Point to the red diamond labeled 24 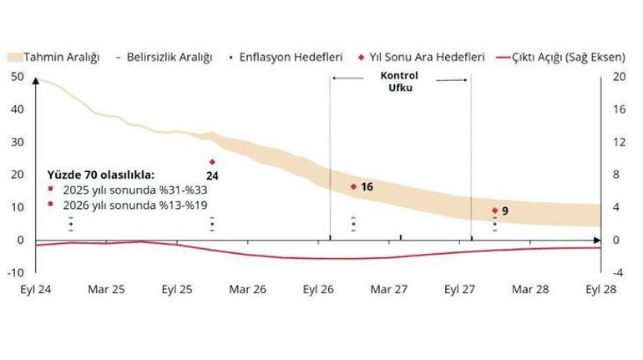coord(212,162)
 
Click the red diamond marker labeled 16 coord(353,186)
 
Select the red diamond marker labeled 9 coord(494,210)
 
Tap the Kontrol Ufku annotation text coord(400,81)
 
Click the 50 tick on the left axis coord(18,77)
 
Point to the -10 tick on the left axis coord(15,272)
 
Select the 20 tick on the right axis coord(619,77)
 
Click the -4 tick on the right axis coord(618,272)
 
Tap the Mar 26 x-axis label coord(248,290)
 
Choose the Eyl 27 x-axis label coord(460,290)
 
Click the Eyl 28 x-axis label coord(601,290)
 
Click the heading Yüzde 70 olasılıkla coord(100,175)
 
